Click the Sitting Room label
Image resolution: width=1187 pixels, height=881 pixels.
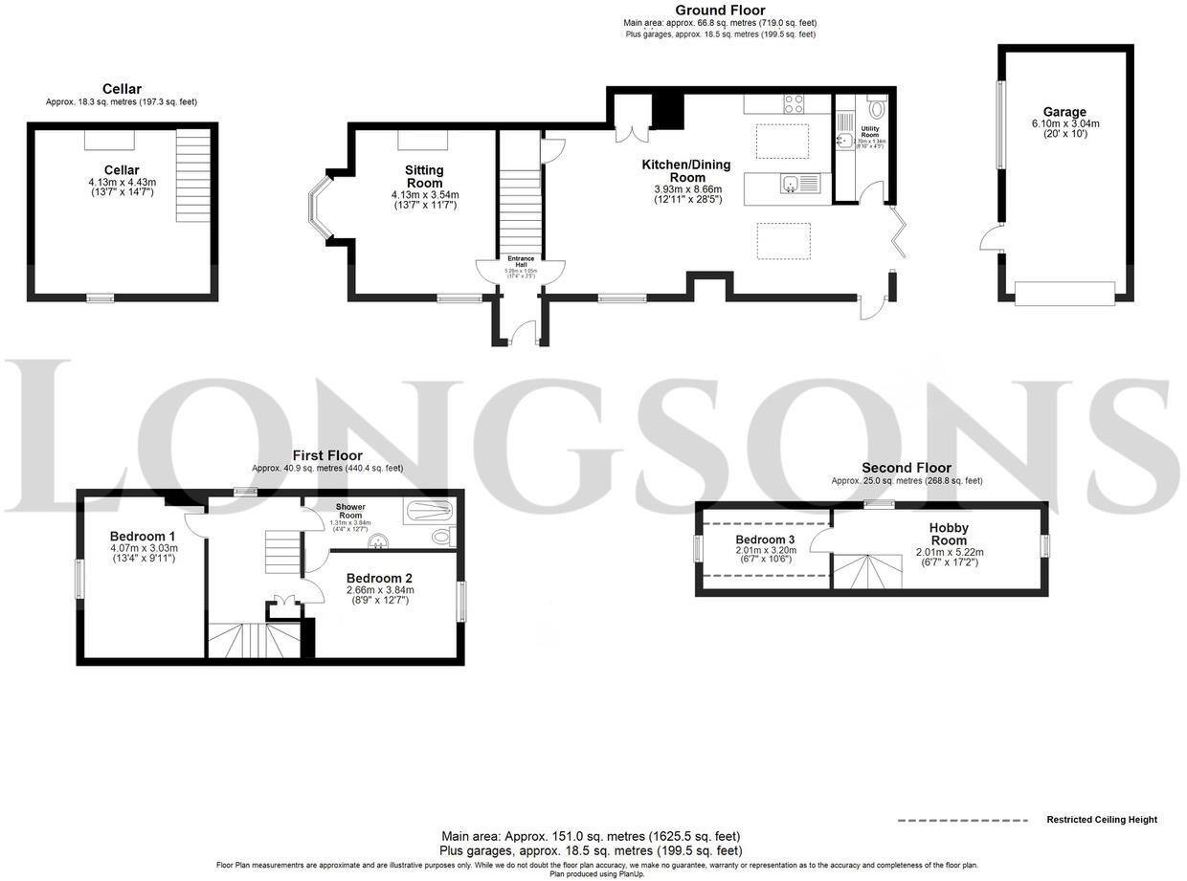click(424, 177)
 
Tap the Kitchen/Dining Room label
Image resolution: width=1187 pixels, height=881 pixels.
click(685, 171)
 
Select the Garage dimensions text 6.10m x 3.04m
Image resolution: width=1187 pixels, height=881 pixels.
click(1065, 123)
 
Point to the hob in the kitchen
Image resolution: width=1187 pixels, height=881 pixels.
click(795, 103)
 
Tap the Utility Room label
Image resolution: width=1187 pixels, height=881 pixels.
click(869, 130)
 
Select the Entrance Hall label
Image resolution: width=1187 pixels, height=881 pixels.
click(521, 262)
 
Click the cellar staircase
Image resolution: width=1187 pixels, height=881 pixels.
click(192, 176)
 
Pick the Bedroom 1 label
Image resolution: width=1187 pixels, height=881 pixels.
click(143, 536)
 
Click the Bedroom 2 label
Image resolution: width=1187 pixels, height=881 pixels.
click(379, 579)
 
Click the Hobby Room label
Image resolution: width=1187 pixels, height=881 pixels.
click(949, 534)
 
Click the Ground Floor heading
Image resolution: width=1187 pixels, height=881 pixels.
click(720, 11)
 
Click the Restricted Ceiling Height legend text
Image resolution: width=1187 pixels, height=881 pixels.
click(1101, 820)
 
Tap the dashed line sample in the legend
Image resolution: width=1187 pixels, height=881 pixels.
click(961, 821)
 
